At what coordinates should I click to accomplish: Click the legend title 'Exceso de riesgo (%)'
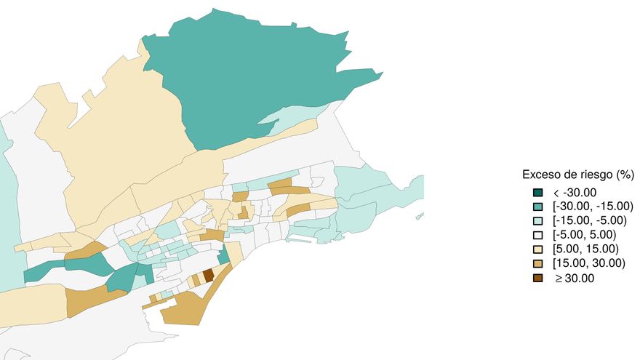pos(578,175)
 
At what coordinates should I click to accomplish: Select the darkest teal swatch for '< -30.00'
pos(537,193)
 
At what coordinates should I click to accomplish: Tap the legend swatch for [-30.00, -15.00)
pos(537,207)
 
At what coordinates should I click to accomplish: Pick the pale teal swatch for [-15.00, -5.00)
pos(537,220)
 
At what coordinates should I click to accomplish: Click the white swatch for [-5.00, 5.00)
pos(537,235)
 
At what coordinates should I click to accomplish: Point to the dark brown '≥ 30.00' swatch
pos(537,278)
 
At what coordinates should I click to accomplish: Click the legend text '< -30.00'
pos(575,193)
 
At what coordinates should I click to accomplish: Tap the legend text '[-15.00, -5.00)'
pos(591,220)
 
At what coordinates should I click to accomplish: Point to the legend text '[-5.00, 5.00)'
pos(585,235)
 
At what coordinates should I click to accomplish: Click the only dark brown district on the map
pos(208,275)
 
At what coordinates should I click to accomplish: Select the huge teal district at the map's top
pos(240,80)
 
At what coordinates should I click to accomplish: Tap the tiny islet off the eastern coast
pos(420,216)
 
